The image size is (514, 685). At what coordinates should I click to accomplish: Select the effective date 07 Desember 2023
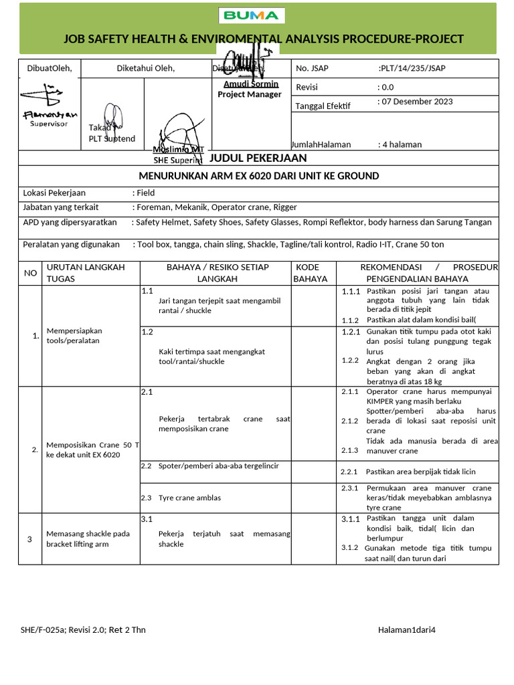415,102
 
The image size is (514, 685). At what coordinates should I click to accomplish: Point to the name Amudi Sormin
251,84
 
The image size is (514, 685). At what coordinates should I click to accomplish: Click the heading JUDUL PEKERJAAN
258,158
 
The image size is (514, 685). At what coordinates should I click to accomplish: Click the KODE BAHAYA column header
311,273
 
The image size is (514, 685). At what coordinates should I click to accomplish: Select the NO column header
31,273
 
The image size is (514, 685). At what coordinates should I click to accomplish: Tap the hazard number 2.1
147,392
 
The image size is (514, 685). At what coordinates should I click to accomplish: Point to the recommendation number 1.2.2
351,361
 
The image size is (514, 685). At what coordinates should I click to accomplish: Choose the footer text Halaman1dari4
406,629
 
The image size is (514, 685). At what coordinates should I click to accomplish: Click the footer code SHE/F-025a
44,629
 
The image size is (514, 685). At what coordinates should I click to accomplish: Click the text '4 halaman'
400,144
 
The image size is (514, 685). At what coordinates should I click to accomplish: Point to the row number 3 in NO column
30,539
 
